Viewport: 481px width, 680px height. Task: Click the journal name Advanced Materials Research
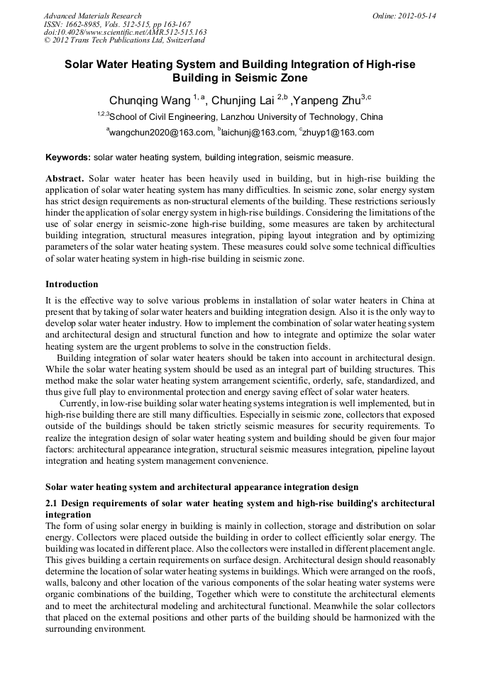[93, 16]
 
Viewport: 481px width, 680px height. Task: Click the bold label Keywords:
[68, 157]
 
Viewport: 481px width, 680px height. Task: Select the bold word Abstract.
[65, 179]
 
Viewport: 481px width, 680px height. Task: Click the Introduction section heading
[72, 284]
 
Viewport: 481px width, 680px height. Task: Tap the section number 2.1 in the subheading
[53, 503]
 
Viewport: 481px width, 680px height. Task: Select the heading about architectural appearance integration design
[201, 487]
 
